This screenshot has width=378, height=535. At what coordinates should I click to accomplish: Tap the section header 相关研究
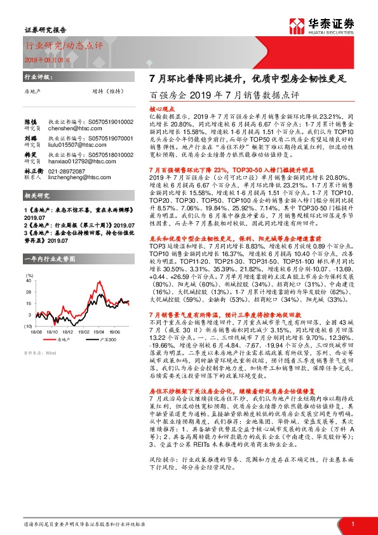[36, 197]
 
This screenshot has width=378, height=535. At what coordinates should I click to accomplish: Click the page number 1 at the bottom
[352, 524]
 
